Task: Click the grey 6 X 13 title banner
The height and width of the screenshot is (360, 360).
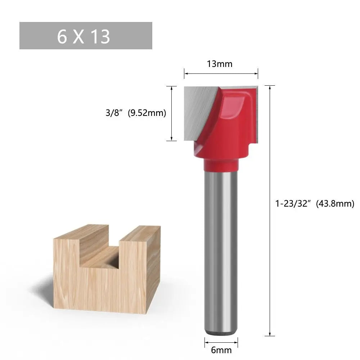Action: click(86, 36)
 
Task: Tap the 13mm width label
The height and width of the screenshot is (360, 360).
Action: click(220, 64)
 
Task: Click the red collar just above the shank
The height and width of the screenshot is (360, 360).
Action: click(221, 165)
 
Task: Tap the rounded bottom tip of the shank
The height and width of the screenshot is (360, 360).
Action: click(221, 331)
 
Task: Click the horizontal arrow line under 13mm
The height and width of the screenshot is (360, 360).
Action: click(221, 74)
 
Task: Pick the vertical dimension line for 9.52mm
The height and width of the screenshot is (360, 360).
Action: click(172, 113)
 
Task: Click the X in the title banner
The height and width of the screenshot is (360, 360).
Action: click(78, 36)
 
